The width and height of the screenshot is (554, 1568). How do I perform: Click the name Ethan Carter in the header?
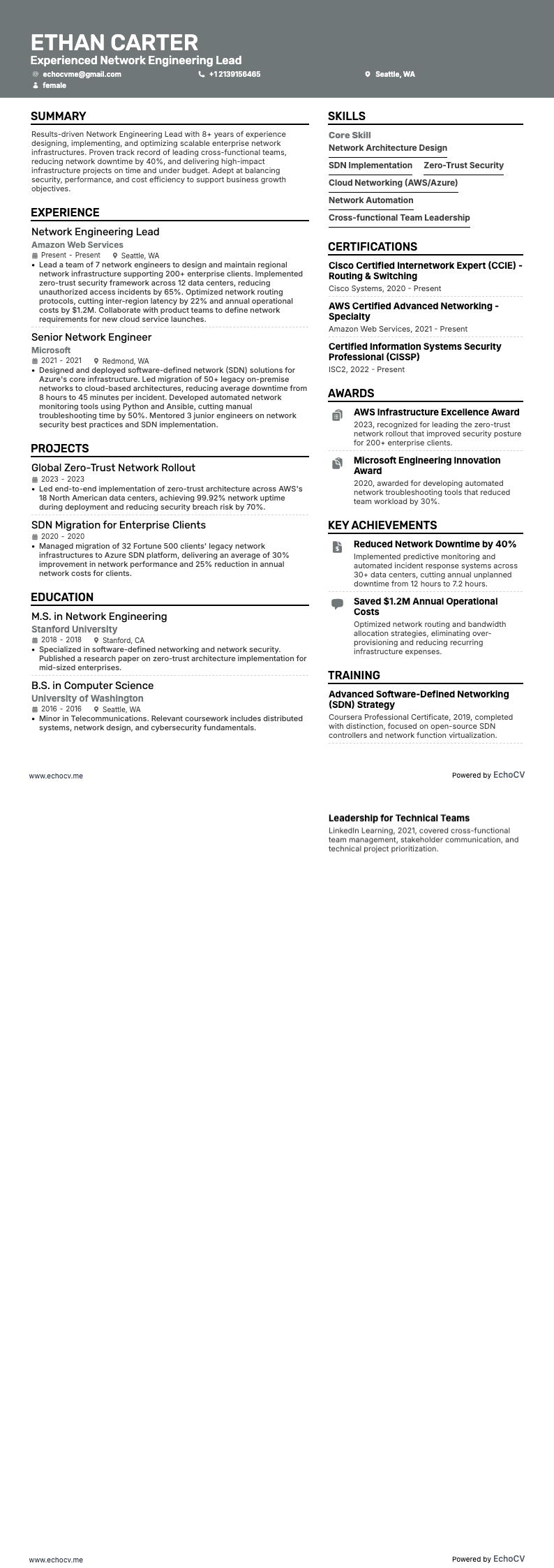[114, 43]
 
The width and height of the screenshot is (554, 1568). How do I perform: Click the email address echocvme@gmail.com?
[82, 74]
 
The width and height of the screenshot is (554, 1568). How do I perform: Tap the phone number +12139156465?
[234, 74]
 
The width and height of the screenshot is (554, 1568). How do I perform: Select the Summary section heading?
[59, 116]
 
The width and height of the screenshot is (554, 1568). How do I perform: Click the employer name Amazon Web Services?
[77, 245]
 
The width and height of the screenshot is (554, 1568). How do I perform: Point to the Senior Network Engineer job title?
[91, 337]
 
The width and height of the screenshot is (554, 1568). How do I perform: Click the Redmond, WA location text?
[126, 361]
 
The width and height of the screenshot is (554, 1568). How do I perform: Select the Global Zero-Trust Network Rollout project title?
[113, 468]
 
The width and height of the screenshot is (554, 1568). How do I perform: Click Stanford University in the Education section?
[74, 629]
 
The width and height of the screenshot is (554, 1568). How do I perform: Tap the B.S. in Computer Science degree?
[92, 686]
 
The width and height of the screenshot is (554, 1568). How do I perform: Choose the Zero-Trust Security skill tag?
[463, 165]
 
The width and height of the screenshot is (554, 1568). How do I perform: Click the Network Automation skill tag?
[371, 200]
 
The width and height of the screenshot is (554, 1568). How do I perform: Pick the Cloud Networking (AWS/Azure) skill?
[393, 183]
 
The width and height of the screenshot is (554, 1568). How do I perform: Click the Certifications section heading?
[373, 246]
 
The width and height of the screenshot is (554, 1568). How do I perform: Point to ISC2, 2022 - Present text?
[366, 369]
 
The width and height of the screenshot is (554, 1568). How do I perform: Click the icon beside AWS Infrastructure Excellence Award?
[337, 416]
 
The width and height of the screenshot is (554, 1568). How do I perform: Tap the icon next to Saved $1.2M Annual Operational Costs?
[337, 604]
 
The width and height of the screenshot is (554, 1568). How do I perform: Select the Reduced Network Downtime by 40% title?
[435, 544]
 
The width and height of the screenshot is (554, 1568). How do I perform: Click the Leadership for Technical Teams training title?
[399, 818]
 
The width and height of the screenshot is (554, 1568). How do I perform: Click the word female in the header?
[54, 85]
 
